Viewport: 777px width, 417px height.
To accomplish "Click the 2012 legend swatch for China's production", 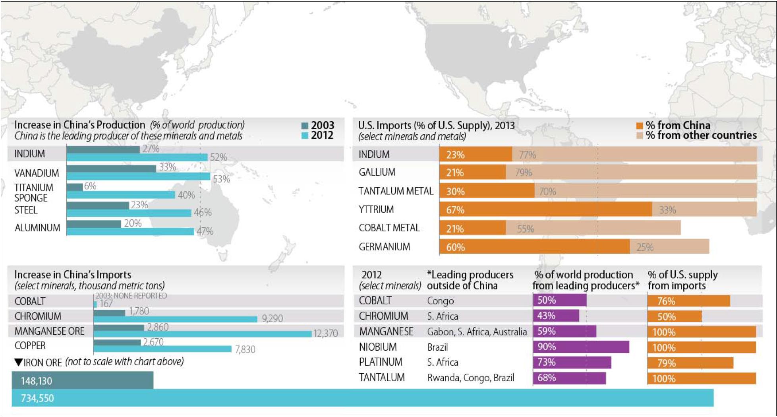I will (x=305, y=136).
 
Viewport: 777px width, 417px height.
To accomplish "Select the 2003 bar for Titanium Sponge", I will (x=75, y=187).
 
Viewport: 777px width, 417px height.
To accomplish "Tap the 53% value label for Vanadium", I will (x=221, y=179).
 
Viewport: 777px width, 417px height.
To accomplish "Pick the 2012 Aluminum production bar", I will (x=130, y=231).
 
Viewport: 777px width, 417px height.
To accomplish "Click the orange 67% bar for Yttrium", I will (x=545, y=209).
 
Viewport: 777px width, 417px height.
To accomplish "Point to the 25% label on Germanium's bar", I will (x=645, y=247).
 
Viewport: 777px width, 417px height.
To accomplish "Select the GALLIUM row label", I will (x=377, y=172).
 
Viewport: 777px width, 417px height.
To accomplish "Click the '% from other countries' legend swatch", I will (x=640, y=136).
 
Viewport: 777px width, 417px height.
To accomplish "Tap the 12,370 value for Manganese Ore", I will (x=325, y=333).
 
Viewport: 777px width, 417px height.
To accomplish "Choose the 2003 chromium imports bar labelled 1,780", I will (x=110, y=313).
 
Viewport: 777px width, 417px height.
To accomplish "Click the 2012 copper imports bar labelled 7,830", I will (x=162, y=349).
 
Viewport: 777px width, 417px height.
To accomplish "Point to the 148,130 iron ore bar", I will (x=83, y=380).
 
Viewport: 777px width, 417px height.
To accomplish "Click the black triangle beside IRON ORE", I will (x=18, y=362).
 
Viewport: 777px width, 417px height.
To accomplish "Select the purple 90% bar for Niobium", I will (x=581, y=347).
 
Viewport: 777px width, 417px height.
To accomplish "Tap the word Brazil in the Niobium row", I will (x=437, y=347).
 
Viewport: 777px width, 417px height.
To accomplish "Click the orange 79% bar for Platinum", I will (x=690, y=363).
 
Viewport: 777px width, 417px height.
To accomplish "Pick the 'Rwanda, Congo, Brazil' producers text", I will (x=471, y=378).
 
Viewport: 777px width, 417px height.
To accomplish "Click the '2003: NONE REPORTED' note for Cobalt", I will (x=131, y=296).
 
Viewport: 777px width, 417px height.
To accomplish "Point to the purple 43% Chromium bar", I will (x=556, y=316).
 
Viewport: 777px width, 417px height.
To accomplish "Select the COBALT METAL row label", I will (x=389, y=228).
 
